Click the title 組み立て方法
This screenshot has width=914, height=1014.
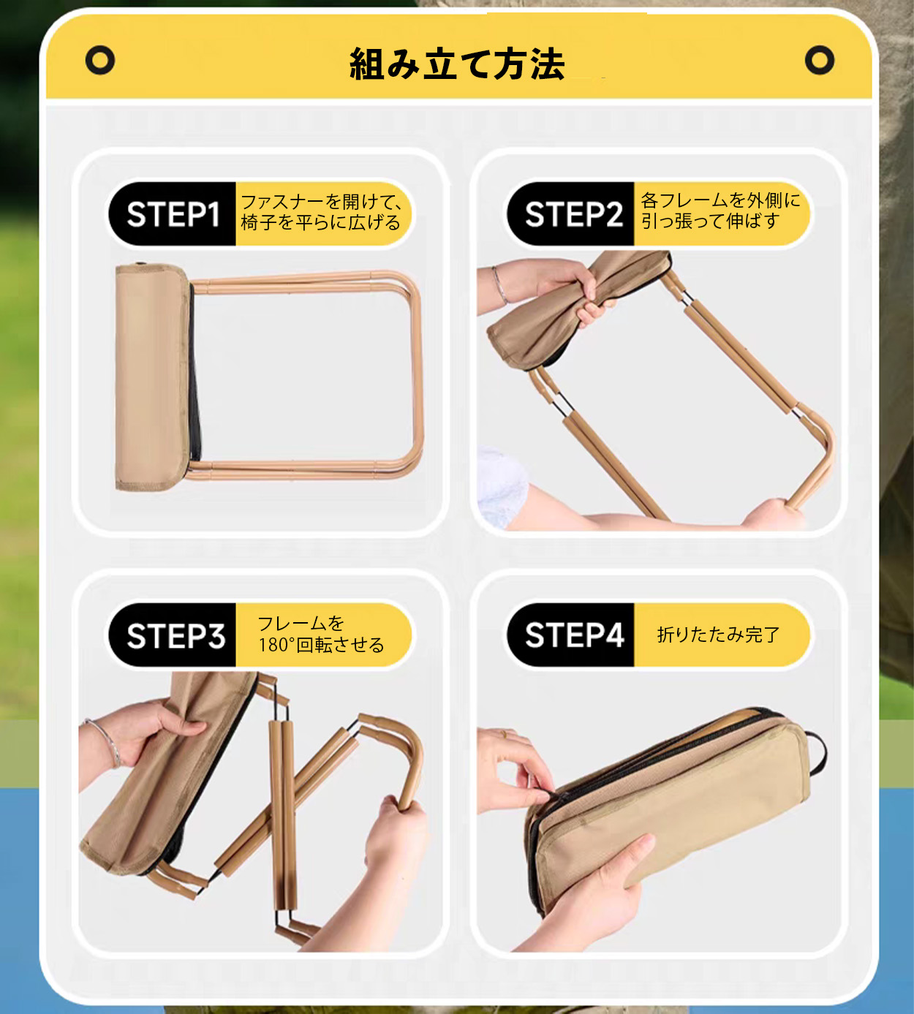457,64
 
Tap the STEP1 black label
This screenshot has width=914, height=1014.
173,214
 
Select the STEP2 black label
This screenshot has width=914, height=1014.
571,214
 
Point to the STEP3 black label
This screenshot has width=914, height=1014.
173,635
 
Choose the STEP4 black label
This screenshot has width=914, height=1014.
571,635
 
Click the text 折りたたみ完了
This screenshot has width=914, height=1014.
718,635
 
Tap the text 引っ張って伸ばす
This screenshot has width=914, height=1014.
710,221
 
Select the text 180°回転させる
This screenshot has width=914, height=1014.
321,646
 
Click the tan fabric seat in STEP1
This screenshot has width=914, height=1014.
152,377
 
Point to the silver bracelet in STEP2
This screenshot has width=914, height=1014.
499,286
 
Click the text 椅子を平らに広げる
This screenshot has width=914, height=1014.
321,222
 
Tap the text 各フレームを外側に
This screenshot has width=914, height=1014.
721,200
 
